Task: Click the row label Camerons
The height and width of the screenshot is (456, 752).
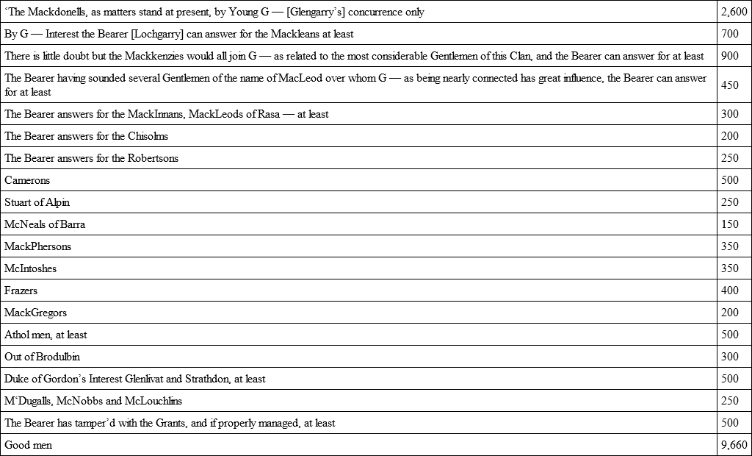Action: click(27, 180)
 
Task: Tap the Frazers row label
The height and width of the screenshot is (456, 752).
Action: click(21, 291)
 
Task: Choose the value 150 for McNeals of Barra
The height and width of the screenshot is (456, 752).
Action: click(729, 224)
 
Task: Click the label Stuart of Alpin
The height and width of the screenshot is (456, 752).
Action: click(37, 202)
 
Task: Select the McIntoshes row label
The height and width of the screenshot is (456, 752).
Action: click(30, 268)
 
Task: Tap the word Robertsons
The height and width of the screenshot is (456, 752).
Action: click(153, 158)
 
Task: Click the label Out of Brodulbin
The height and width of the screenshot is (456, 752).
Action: click(42, 357)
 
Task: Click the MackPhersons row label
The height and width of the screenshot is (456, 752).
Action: click(37, 246)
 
